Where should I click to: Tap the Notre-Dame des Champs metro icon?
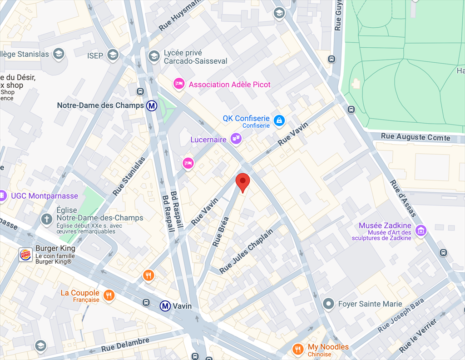[x=152, y=105]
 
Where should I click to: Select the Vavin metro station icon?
[x=165, y=306]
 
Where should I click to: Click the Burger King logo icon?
[x=25, y=255]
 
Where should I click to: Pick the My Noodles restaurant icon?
[x=298, y=349]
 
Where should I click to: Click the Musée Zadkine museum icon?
[x=421, y=230]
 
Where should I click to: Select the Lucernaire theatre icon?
[x=236, y=139]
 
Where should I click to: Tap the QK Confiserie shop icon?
[x=280, y=120]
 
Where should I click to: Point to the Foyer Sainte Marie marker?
[x=328, y=303]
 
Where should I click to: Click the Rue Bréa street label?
[x=221, y=231]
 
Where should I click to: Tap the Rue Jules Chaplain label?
[x=247, y=251]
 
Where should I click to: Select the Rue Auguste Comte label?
[x=416, y=136]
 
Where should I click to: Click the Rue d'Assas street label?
[x=403, y=198]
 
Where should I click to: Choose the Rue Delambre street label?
[x=125, y=344]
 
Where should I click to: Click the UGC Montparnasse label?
[x=45, y=196]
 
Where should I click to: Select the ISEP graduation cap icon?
[x=113, y=55]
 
